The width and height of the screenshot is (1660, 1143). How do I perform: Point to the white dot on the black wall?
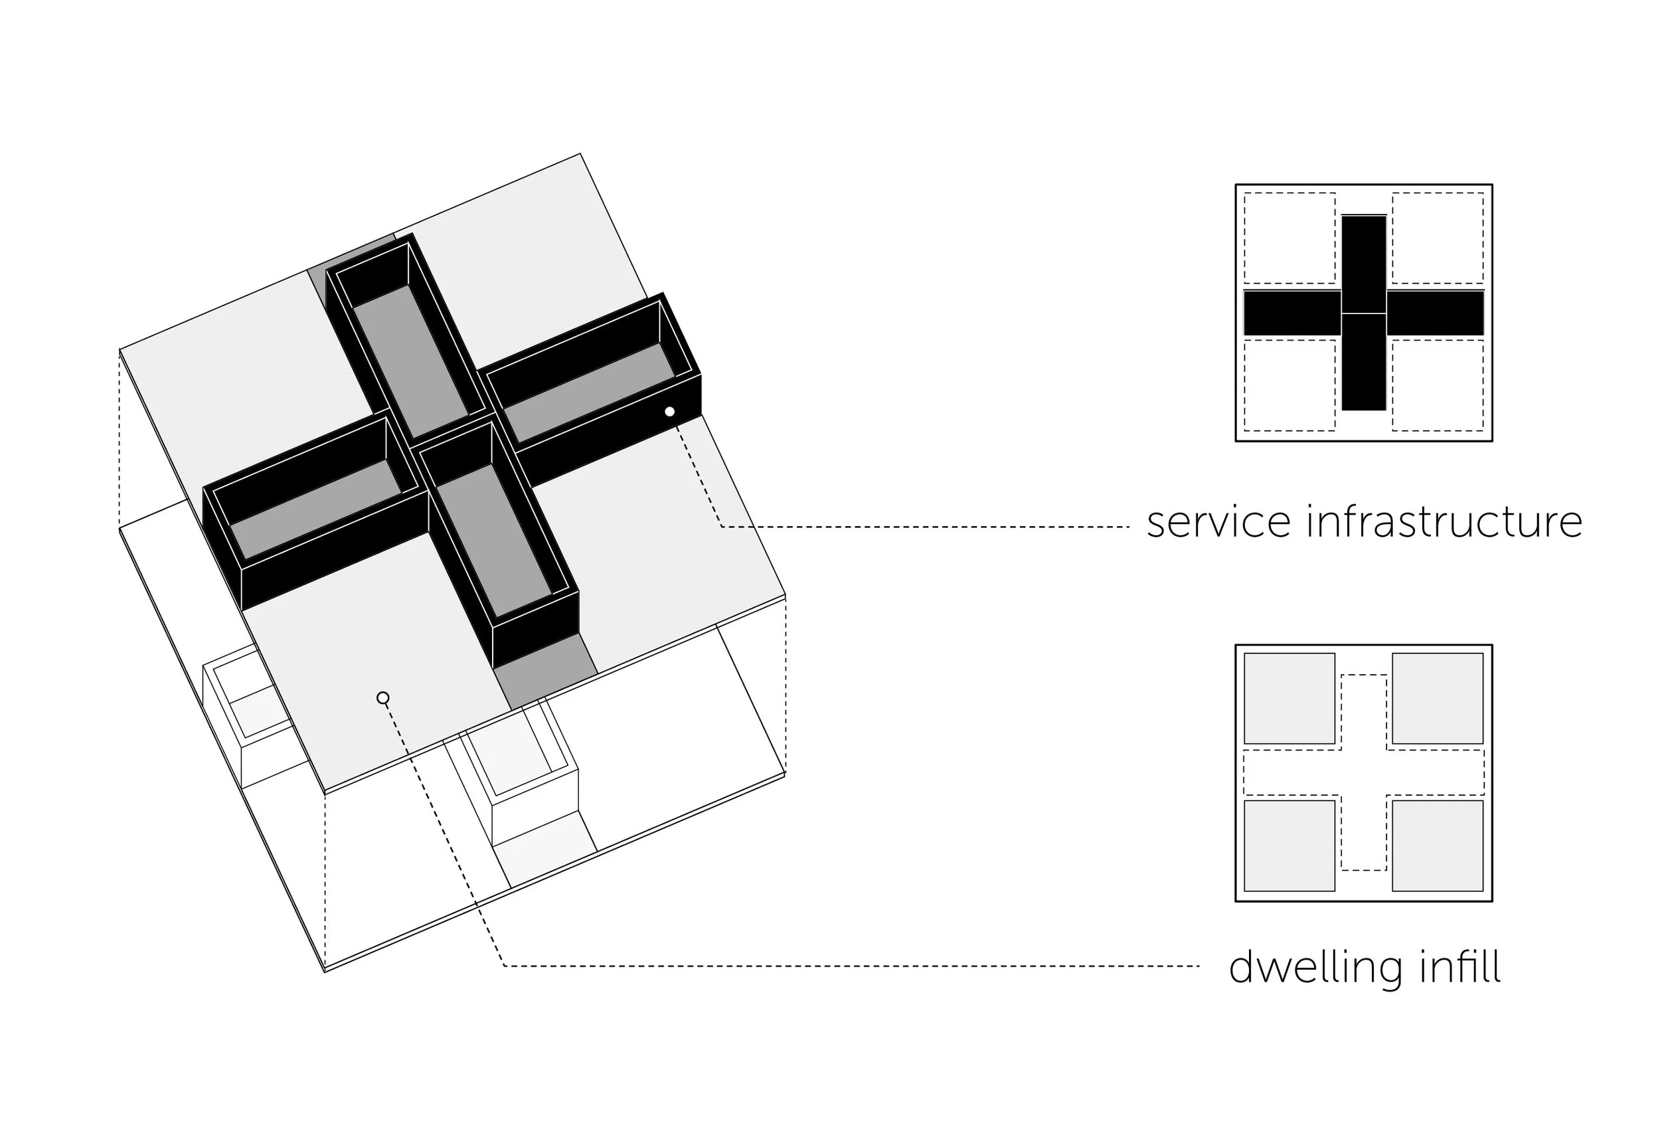click(x=669, y=412)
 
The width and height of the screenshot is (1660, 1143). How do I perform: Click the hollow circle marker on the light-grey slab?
click(x=383, y=697)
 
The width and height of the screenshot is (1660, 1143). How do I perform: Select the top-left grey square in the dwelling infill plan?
click(x=1289, y=698)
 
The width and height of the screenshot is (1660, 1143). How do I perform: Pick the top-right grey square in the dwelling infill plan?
click(x=1438, y=698)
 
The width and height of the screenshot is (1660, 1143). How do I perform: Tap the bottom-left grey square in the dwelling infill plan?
click(x=1289, y=845)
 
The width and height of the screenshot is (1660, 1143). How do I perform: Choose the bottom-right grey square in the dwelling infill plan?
click(x=1438, y=845)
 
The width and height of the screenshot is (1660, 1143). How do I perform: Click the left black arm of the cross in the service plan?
click(x=1292, y=313)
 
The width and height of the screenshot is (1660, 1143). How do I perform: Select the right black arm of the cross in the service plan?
click(x=1435, y=313)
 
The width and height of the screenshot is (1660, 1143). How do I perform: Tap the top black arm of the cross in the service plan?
click(x=1364, y=264)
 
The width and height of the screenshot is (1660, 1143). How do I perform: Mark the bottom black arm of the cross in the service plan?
click(x=1364, y=362)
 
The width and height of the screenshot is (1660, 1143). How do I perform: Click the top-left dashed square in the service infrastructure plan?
click(x=1289, y=238)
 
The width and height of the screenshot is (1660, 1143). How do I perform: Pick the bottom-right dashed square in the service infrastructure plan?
click(x=1438, y=385)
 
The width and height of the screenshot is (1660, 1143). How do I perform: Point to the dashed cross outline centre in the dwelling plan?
click(x=1364, y=773)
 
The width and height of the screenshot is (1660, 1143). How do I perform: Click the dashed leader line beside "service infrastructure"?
click(x=930, y=527)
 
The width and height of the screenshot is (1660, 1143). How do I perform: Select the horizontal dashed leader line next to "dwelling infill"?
click(x=859, y=966)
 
